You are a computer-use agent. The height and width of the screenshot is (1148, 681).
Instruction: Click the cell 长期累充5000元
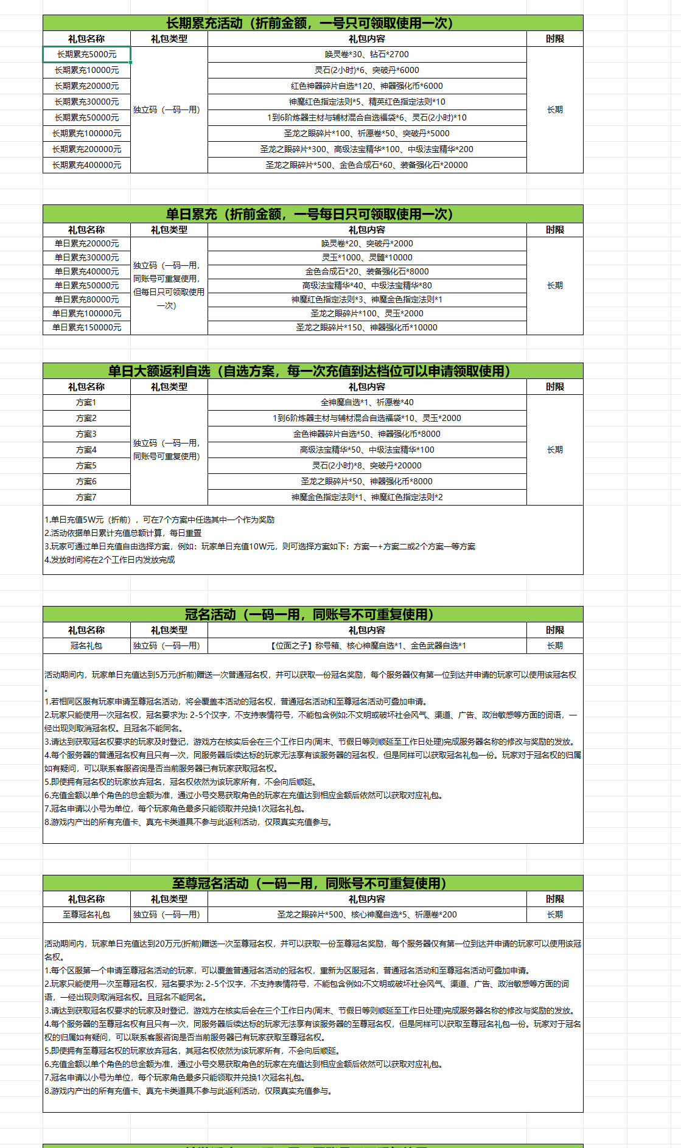(86, 54)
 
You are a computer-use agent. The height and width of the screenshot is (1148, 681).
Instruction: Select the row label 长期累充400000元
(86, 165)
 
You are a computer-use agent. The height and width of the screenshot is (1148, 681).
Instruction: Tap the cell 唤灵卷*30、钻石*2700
(366, 54)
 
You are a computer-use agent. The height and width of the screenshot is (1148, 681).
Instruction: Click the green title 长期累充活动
(310, 23)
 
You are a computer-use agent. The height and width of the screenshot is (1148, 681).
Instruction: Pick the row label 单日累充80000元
(86, 299)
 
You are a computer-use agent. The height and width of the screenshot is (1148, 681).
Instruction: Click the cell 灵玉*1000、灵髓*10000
(366, 257)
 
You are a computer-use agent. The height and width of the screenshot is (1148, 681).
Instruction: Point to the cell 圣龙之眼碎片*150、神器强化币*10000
(366, 327)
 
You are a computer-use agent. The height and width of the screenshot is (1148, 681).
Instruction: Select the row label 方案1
(86, 402)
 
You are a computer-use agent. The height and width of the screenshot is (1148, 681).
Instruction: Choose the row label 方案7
(86, 497)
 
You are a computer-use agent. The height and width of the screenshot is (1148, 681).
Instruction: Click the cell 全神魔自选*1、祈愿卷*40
(366, 402)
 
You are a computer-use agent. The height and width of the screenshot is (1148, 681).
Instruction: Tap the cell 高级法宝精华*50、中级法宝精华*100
(366, 450)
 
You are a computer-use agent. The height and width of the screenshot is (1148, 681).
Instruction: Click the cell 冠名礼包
(86, 645)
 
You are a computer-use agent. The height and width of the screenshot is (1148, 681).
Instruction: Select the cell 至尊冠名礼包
(86, 914)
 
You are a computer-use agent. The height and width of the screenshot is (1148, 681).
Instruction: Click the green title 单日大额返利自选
(310, 371)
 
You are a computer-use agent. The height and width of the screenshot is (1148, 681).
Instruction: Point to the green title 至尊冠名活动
(310, 883)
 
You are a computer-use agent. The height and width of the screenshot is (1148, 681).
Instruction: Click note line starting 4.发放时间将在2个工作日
(110, 560)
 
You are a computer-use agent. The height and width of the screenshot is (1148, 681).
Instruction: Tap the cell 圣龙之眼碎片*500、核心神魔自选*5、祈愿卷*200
(366, 914)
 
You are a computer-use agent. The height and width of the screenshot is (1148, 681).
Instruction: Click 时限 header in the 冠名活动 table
(554, 630)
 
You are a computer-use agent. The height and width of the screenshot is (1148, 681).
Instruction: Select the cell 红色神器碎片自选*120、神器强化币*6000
(366, 86)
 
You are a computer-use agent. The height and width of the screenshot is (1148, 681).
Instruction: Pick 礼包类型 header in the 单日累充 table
(169, 230)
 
